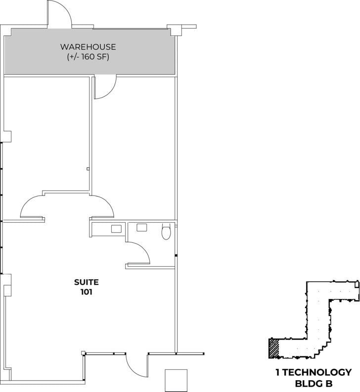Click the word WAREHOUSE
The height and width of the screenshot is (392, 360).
(x=88, y=47)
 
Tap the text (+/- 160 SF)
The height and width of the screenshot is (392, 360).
(x=88, y=57)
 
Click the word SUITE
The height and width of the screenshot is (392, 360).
(x=87, y=282)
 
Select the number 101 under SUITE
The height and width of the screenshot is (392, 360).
(x=87, y=292)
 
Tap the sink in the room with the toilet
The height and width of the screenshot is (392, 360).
(x=142, y=228)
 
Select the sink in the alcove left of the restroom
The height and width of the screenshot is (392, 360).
(x=117, y=229)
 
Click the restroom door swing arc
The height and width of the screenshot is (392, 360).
(x=141, y=252)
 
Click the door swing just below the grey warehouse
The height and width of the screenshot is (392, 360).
(x=105, y=87)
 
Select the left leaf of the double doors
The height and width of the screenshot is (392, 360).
(x=33, y=206)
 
